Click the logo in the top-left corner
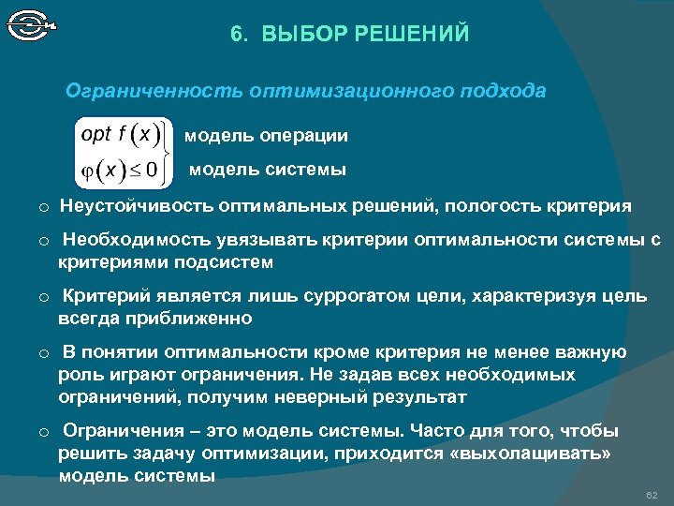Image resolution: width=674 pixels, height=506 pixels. coord(32,23)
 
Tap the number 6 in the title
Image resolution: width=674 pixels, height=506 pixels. coord(236,35)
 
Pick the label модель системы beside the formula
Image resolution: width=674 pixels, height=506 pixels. coord(268,170)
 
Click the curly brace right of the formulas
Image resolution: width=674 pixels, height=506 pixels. coord(169,151)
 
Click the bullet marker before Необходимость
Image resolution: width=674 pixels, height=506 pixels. coord(43,242)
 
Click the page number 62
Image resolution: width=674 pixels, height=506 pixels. coord(652,494)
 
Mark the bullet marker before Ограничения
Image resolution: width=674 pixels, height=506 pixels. coord(43,433)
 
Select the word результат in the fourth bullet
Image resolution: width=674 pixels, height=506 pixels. coord(418,396)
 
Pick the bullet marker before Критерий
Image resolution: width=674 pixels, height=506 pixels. coord(43,298)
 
